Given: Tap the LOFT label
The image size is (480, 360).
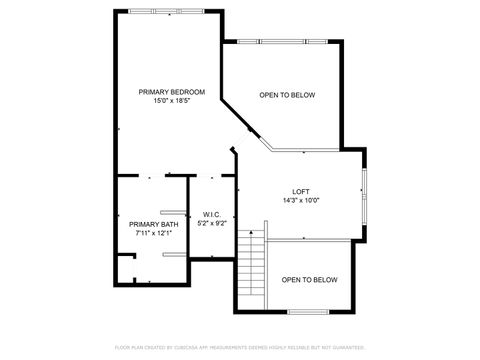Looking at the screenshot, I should point(300,191).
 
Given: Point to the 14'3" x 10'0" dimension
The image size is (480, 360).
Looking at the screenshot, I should point(300,200).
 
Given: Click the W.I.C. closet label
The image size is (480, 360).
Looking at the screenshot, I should point(211,214).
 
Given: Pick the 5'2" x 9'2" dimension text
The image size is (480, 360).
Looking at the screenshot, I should point(211,223).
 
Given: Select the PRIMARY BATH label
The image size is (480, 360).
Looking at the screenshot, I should point(153,224).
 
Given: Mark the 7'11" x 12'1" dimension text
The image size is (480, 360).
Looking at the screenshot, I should point(153,233).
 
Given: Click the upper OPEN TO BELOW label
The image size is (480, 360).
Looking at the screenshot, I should point(287,95).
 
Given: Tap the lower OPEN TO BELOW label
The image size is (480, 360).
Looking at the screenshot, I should point(309,280).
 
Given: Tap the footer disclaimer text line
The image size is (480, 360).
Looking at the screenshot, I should point(240,346).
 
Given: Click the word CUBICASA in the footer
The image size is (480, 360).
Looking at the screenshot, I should point(182,346).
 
